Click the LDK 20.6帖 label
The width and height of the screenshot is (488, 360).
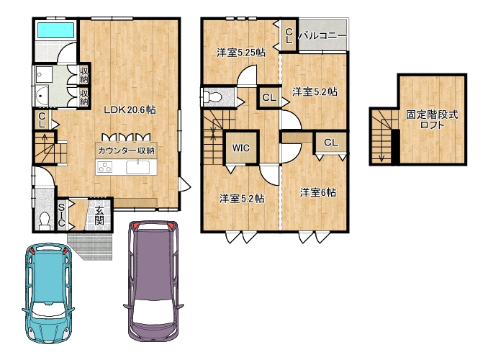pos(130,109)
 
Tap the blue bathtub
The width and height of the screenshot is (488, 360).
pos(55,30)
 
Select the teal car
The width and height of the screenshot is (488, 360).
pos(48,293)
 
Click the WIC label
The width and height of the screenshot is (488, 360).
pos(241,148)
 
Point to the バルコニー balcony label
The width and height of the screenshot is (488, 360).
pos(322,36)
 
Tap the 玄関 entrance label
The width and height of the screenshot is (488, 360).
pos(99,215)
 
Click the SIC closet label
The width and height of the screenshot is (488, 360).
pos(62,215)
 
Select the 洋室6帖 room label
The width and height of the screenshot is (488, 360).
pos(317,192)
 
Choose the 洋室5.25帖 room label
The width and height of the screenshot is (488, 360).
pos(241,53)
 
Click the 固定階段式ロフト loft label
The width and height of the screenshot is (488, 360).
pos(432,120)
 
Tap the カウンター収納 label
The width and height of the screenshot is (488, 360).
pos(126,150)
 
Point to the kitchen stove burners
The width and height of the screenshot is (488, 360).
pos(105,167)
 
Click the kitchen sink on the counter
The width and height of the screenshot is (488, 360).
pos(137,167)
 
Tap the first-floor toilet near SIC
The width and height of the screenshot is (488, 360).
pos(45,220)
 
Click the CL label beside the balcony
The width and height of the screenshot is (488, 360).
pos(289,36)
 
